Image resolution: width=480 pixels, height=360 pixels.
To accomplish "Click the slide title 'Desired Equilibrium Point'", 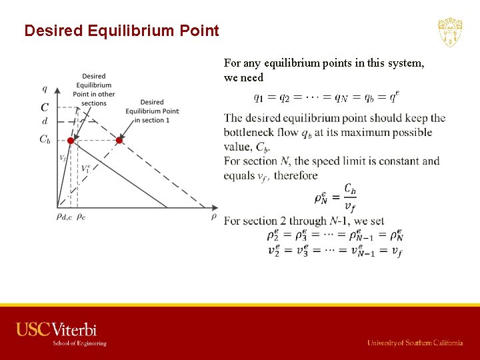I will click(121, 31).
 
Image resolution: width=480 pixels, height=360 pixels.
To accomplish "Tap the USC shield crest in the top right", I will click(450, 32).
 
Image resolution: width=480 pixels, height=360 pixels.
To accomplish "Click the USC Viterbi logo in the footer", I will click(61, 333).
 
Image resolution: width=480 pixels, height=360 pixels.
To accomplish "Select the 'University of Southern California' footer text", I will click(415, 343).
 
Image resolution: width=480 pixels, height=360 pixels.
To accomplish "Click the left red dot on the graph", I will click(71, 141).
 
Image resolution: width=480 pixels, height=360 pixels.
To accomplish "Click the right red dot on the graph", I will click(119, 141).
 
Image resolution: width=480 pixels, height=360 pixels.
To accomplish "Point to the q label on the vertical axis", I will click(45, 89).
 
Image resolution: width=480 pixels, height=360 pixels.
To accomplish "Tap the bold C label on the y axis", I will click(45, 107).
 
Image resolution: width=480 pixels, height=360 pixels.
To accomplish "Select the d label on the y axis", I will click(45, 121).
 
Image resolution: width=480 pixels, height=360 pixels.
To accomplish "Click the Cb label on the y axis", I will click(45, 139).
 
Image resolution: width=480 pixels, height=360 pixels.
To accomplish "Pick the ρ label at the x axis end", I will click(214, 216).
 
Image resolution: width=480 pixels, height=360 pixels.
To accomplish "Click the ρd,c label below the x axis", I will click(64, 217).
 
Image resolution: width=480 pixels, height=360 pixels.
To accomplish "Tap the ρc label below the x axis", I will click(81, 217).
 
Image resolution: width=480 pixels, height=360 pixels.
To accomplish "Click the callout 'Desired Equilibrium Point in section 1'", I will click(152, 111).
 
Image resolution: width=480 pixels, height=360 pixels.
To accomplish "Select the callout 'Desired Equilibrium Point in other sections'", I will click(94, 89).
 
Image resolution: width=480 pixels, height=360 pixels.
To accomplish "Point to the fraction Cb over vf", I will click(349, 197).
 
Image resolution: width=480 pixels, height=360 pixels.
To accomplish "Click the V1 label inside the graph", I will click(85, 169).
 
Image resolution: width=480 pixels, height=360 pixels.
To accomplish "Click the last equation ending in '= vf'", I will click(335, 251).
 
